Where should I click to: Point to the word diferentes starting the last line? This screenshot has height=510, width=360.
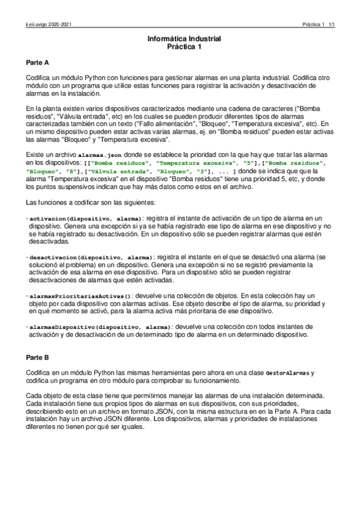[x=40, y=431]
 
